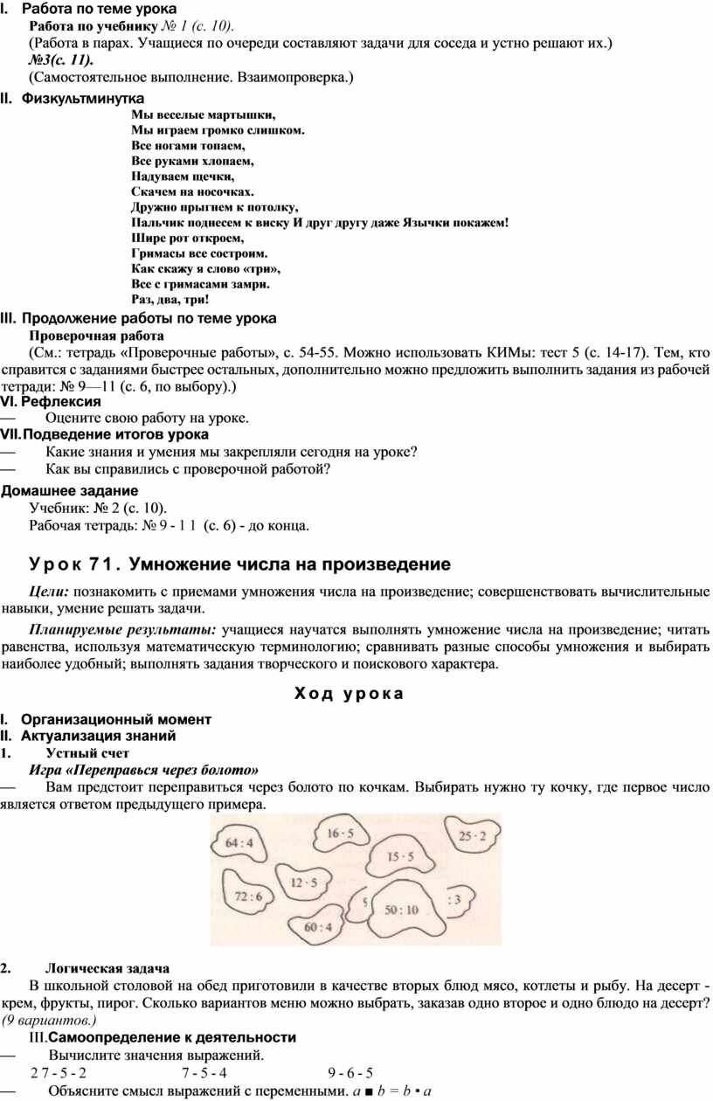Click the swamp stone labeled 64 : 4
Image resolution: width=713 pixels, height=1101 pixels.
click(x=239, y=843)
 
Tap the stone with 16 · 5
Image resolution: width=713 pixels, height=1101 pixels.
click(x=340, y=834)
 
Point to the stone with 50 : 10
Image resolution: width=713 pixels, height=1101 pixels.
click(x=402, y=910)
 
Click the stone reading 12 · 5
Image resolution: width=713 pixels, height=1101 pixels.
click(x=303, y=883)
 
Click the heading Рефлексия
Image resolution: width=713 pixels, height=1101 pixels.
click(x=60, y=401)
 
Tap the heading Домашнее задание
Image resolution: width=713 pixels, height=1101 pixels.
click(x=70, y=490)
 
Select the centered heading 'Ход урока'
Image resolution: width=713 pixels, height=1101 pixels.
click(x=349, y=695)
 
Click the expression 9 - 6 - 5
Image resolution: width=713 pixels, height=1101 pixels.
click(x=350, y=1073)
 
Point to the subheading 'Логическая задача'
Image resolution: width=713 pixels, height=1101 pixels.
click(x=107, y=969)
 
